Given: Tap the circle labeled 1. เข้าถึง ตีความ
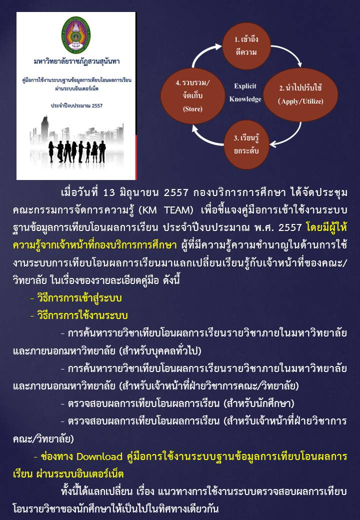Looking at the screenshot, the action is click(246, 46).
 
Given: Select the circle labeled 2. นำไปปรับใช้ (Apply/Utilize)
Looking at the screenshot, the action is click(300, 94).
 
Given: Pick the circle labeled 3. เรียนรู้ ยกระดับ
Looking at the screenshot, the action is click(246, 144).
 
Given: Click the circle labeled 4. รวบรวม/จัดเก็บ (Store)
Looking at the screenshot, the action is click(193, 95).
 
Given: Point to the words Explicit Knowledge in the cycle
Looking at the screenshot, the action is click(245, 92).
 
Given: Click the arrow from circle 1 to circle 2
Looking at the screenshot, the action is click(289, 53).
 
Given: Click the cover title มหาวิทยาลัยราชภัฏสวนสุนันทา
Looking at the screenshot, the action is click(76, 61).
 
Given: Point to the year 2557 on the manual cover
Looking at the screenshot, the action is click(97, 105).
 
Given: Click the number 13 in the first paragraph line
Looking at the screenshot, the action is click(109, 192).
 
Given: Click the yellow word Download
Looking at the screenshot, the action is click(99, 456).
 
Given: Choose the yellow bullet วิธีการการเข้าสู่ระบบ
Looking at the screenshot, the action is click(76, 298).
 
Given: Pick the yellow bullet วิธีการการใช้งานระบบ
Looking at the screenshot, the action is click(79, 315).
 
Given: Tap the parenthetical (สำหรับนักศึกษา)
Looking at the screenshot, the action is click(259, 403).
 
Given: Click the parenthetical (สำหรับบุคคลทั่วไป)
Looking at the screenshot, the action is click(160, 350).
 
